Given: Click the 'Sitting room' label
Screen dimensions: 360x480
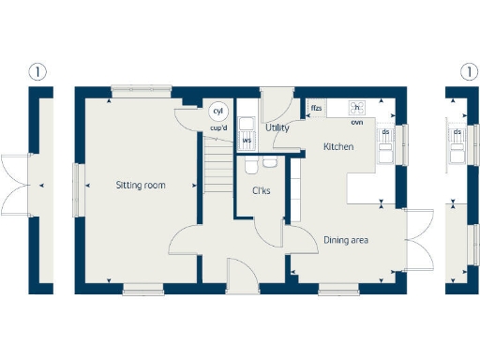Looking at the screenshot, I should point(141,186).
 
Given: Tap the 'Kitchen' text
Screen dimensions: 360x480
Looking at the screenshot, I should point(337,147).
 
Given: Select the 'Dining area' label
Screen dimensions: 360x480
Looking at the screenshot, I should point(346,241).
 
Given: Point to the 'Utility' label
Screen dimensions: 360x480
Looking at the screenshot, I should point(277,127).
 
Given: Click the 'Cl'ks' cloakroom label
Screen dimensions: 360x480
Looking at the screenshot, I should point(262,193).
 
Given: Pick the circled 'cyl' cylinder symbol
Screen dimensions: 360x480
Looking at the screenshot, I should point(217,111).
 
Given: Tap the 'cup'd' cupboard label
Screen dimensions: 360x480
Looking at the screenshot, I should point(217,127).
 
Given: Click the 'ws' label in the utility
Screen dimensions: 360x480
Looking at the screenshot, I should point(247,141).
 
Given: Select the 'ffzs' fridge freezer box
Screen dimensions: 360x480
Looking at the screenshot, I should point(317,109).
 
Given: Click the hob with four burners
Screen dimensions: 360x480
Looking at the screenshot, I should point(357,108).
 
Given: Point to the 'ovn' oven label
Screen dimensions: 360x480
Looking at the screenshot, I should point(357,122).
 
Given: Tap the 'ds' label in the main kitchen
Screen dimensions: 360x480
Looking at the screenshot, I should point(385,132).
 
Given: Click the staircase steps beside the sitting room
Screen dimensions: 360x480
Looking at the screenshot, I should point(217,164).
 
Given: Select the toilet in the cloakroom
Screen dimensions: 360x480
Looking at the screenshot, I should point(249,166).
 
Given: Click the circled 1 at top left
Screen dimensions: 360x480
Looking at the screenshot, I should point(37,71).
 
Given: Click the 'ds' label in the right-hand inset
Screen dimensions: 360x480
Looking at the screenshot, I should point(457,132).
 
